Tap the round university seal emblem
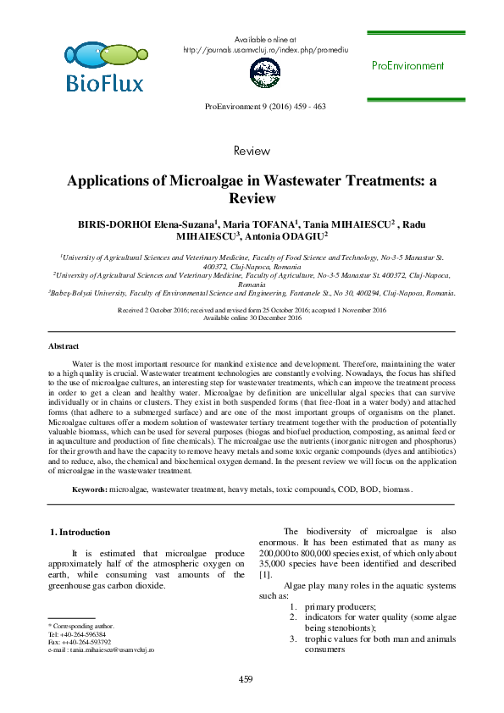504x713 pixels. tap(264, 75)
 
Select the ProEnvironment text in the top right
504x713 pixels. tap(407, 66)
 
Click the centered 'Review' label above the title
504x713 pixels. tap(252, 151)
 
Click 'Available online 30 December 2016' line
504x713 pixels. tap(252, 318)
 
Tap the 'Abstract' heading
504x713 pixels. tap(64, 347)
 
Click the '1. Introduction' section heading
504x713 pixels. tap(81, 532)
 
